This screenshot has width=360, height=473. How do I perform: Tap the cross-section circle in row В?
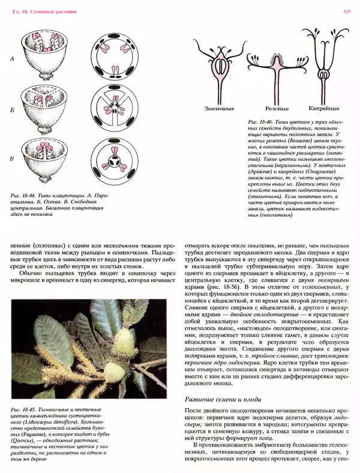(115, 158)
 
